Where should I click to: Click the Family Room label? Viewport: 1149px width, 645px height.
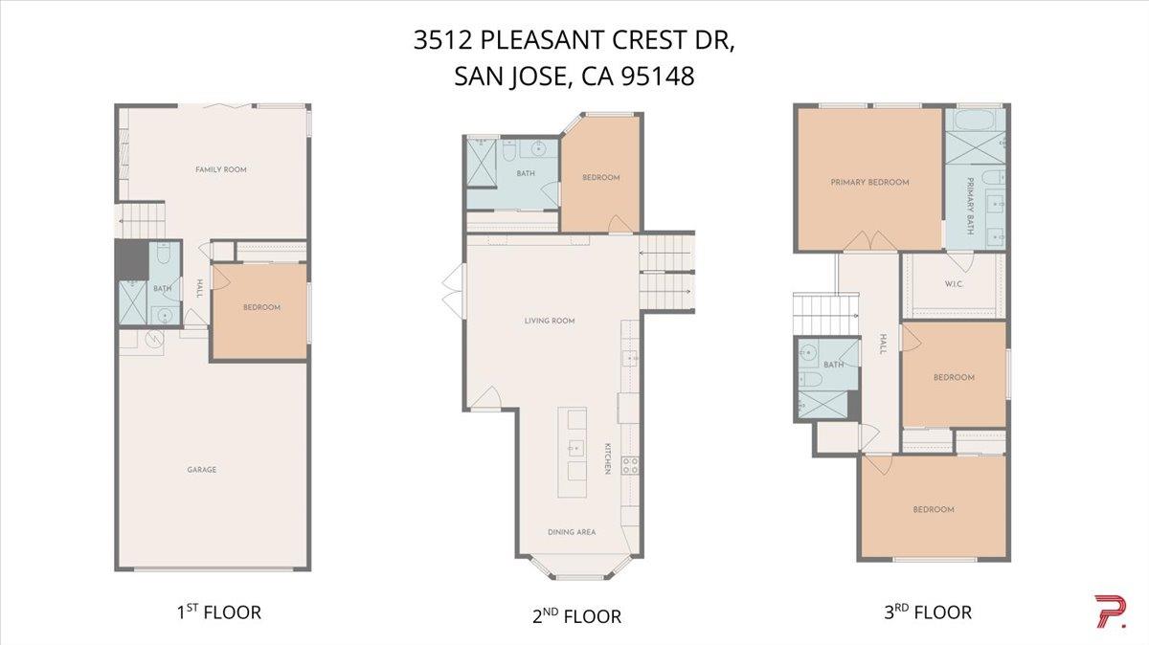221,169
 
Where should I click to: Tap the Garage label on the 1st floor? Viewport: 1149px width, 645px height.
201,470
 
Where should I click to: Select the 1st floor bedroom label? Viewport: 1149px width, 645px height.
261,307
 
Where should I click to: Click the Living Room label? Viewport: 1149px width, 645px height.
550,321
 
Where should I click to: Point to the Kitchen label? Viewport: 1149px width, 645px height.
607,458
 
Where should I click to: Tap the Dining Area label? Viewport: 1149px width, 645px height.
572,532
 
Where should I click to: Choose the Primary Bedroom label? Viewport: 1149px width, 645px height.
869,182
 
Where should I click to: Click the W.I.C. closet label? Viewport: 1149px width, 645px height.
954,282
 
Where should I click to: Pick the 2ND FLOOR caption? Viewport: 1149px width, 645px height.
576,616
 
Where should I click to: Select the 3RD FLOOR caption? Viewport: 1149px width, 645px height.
927,612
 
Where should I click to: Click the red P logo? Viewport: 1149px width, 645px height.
1110,612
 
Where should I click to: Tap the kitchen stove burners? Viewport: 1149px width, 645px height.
631,466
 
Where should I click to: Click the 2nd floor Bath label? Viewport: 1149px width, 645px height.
526,173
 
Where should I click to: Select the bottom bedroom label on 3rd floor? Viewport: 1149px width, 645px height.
933,509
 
